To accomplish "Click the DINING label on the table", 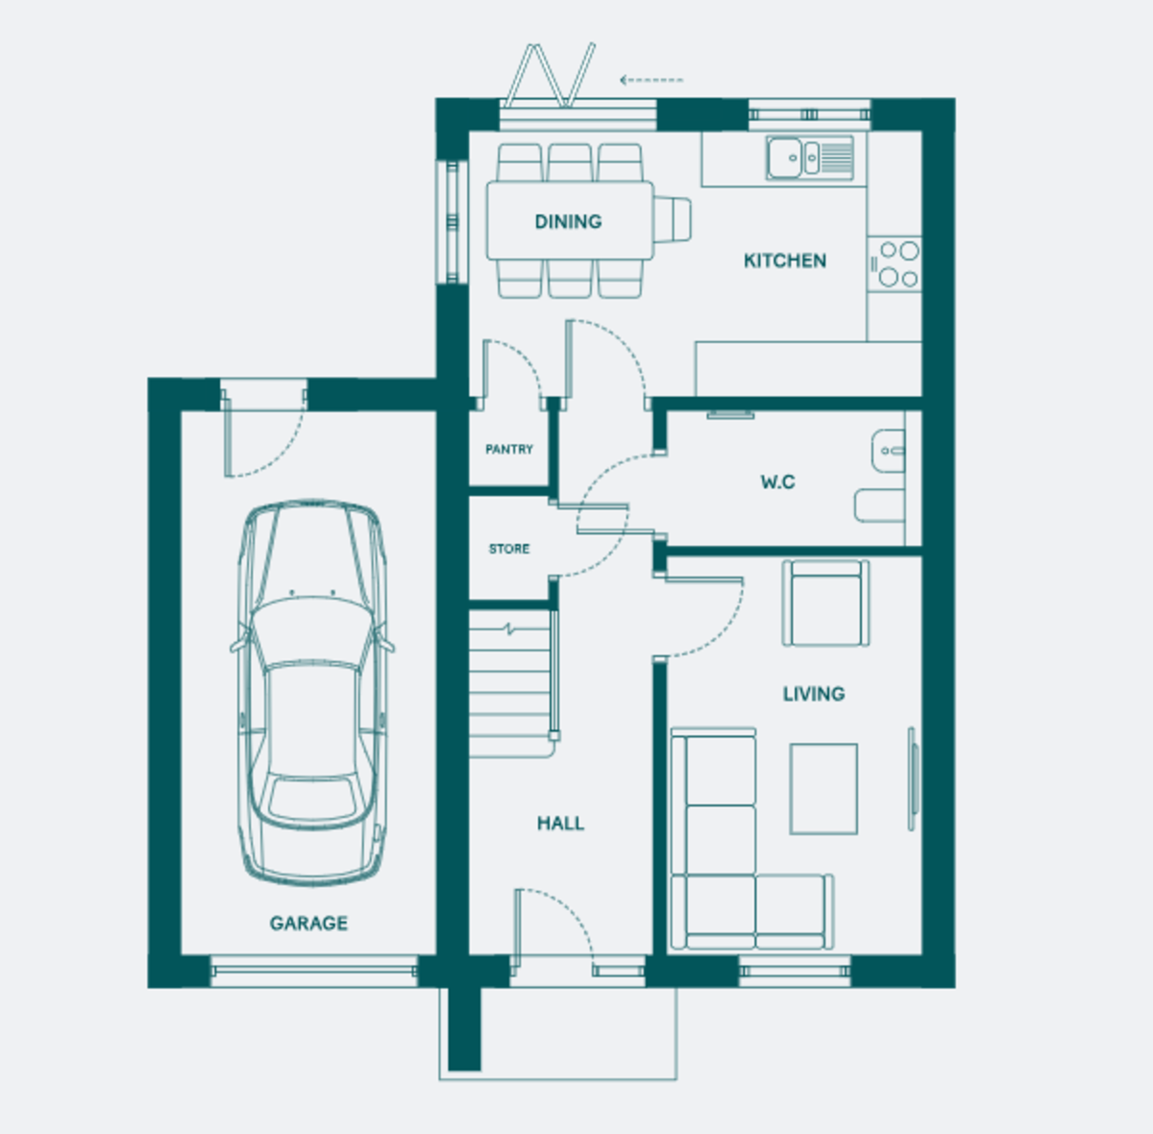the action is [x=568, y=222].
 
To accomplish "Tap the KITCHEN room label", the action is [x=784, y=260].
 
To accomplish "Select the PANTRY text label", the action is [x=508, y=449].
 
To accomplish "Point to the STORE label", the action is [x=508, y=549].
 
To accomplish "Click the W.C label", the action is [x=777, y=481].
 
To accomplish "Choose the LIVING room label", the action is [x=814, y=693].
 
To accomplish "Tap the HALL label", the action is [x=560, y=824].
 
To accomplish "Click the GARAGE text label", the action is [x=308, y=923].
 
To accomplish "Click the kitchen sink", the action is [x=810, y=158].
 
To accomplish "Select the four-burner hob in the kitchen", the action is [x=895, y=264].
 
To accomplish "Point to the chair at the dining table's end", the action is [x=672, y=220].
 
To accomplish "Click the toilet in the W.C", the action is [x=879, y=505].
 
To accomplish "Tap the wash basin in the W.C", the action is [x=888, y=451].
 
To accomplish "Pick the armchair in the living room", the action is [x=825, y=603].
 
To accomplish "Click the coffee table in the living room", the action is [x=823, y=789].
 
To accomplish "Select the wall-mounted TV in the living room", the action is [x=912, y=779].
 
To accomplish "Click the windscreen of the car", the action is [x=311, y=634].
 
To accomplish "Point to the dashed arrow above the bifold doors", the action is [x=651, y=80].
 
